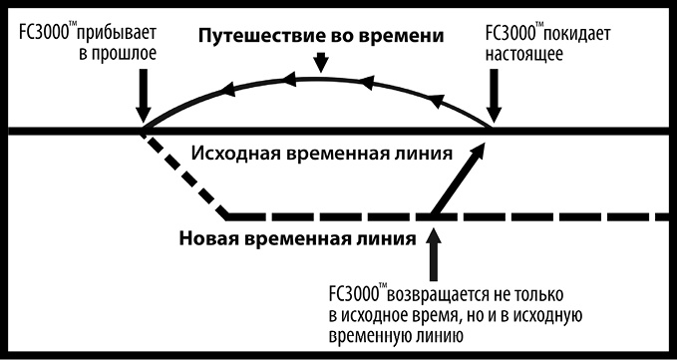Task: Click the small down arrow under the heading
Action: (319, 63)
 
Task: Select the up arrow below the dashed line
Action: (432, 255)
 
